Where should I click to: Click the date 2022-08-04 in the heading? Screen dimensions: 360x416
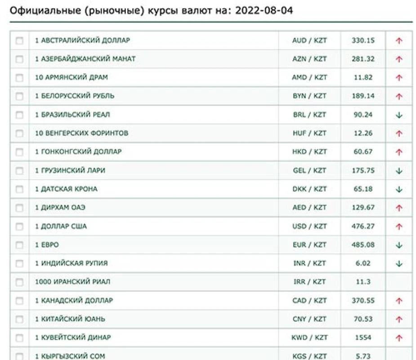point(264,10)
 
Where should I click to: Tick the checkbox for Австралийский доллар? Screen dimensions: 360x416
point(19,40)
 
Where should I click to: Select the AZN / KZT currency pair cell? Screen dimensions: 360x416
point(309,59)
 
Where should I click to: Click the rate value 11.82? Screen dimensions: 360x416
point(363,77)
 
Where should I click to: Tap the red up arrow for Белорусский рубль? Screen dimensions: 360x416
point(399,96)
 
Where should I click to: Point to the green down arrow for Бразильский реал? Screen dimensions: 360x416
point(399,115)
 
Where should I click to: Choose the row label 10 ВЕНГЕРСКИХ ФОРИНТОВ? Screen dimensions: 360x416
point(81,133)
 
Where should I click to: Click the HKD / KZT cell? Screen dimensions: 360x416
point(309,152)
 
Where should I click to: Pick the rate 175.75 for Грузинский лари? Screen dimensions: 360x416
point(363,171)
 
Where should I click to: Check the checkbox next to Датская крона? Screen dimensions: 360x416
point(19,189)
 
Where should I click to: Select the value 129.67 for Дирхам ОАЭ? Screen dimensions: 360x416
point(363,207)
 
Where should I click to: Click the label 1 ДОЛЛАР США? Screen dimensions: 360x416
point(61,226)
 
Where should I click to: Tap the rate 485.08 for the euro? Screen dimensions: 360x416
point(363,245)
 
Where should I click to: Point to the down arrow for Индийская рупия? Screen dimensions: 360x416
point(399,264)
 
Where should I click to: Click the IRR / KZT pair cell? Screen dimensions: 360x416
point(309,282)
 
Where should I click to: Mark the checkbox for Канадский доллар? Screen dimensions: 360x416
point(19,301)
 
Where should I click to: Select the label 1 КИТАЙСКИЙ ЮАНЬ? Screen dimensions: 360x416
point(70,319)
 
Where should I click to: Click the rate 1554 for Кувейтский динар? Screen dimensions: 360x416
point(363,337)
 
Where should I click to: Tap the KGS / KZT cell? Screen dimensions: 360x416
point(309,356)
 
